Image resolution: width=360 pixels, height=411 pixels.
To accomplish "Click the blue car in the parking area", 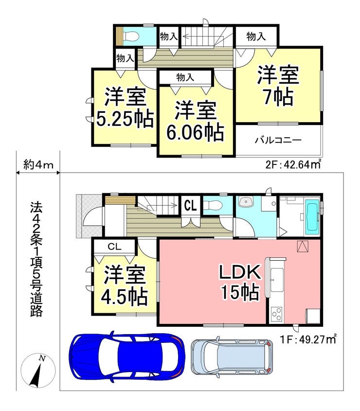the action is [x=126, y=356].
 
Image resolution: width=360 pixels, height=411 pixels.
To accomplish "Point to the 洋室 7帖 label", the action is [x=278, y=86].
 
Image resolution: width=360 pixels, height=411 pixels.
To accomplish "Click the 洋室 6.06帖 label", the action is [x=196, y=121].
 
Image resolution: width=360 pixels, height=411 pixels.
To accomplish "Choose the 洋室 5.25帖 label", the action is [x=125, y=107].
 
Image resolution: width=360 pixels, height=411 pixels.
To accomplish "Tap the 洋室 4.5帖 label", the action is [x=125, y=286].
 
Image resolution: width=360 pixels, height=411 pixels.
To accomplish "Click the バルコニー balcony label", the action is [x=278, y=140].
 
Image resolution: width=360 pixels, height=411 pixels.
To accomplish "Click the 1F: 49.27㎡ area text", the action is [x=308, y=340].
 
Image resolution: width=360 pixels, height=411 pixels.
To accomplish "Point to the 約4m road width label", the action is [x=38, y=165].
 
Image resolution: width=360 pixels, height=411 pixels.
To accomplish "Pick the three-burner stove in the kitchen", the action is [x=277, y=314].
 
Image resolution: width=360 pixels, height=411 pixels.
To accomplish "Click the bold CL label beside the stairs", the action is [x=190, y=205].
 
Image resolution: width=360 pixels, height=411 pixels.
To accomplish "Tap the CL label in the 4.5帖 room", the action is [x=115, y=247].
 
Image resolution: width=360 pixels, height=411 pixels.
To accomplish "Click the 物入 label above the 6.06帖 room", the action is [x=185, y=77].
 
